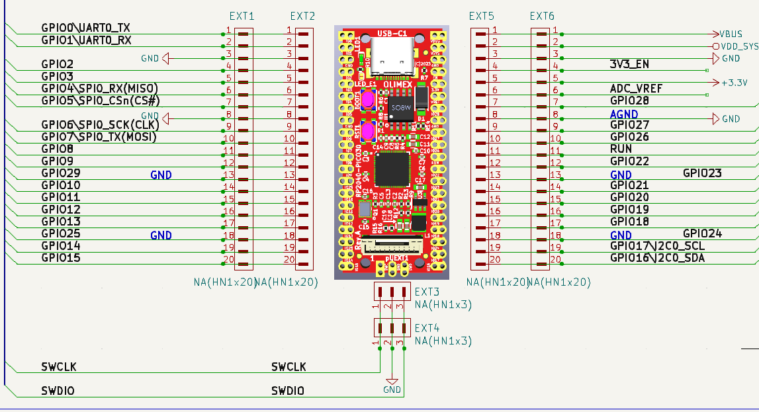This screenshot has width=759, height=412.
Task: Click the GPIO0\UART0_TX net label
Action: coord(85,28)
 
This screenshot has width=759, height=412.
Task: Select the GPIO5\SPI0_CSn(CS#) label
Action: coord(101,101)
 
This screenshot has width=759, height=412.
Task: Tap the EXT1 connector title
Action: coord(241,16)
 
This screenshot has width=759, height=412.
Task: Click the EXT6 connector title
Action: coord(543,16)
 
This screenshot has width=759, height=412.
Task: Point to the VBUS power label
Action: coord(731,34)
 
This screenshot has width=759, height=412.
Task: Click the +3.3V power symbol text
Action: coord(735,83)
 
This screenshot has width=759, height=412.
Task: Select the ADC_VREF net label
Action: coord(636,89)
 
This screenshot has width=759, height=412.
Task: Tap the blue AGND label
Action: coord(624,114)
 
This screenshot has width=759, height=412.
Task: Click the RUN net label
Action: coord(621,149)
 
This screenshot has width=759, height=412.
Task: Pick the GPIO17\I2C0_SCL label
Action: coord(657,246)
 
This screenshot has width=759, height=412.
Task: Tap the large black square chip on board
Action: coord(392,169)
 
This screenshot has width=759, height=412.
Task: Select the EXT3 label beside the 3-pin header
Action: coord(427,292)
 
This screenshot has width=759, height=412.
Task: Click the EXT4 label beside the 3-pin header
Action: coord(427,328)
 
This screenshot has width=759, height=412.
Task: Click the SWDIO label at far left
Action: coord(58,391)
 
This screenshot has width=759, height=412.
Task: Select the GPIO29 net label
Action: coord(61,173)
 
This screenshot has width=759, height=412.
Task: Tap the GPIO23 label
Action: coord(702,173)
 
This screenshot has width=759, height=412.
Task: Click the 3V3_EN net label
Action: coord(629,64)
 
